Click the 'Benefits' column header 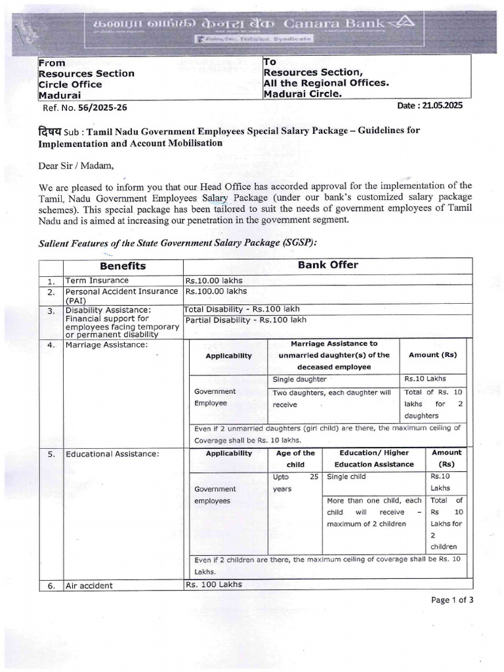(x=123, y=266)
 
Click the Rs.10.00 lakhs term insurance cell (x=214, y=280)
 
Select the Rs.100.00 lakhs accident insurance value (x=217, y=291)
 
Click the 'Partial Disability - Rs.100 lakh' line (x=245, y=320)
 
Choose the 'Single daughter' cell (x=300, y=379)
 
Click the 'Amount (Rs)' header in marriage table (x=432, y=354)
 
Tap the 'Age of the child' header (x=295, y=458)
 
